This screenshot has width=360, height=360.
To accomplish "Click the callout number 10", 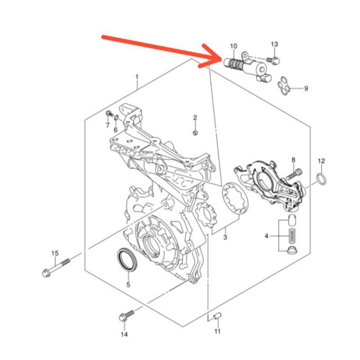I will click(233, 46).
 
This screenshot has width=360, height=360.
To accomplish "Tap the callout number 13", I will click(274, 44).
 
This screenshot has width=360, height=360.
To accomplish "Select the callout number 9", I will click(306, 89).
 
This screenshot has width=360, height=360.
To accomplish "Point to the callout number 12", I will click(321, 161).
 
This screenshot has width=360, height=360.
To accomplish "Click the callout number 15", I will click(55, 252).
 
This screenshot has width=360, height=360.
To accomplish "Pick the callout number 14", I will click(124, 334).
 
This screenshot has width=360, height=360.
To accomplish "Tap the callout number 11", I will click(217, 332).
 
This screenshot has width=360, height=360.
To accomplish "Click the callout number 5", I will click(128, 284).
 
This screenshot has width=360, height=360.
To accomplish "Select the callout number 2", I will click(195, 118).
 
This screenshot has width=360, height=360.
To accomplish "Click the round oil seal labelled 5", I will click(128, 261).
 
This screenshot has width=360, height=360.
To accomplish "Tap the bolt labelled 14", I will click(126, 315).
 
